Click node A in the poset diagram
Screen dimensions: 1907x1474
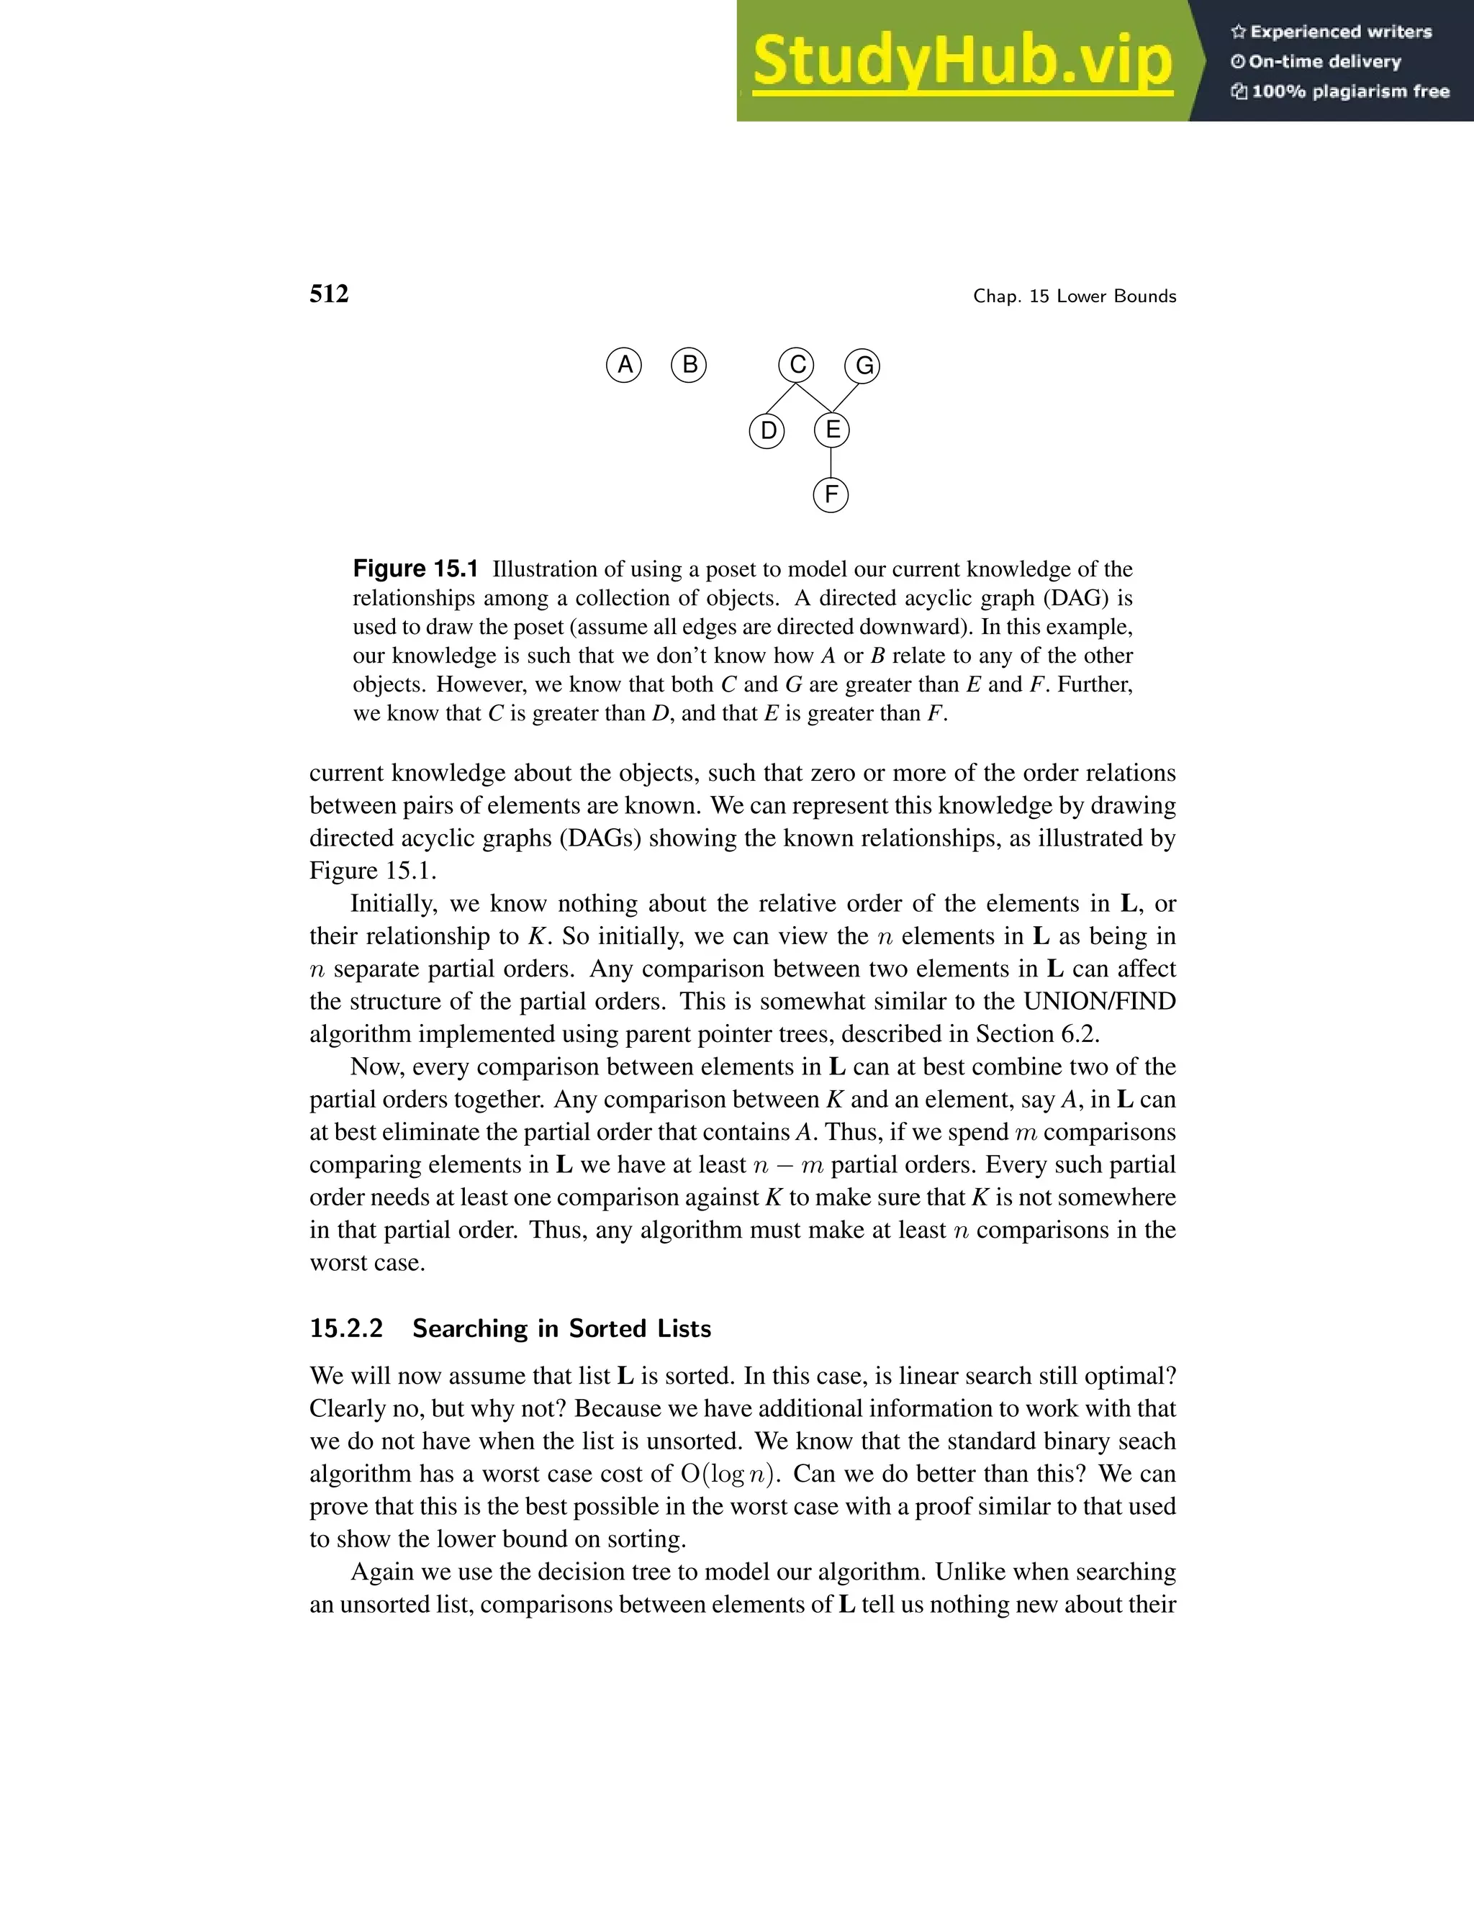coord(623,364)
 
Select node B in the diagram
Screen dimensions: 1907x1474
coord(689,364)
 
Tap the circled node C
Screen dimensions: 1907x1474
coord(797,364)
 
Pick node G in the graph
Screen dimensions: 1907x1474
coord(863,365)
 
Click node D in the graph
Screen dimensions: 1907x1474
coord(767,430)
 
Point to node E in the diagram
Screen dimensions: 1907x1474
coord(831,430)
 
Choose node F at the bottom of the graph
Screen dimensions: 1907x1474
coord(831,495)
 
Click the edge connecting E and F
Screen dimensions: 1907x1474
coord(831,463)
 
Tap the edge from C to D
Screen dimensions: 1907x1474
coord(781,397)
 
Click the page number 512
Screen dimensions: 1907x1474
coord(329,294)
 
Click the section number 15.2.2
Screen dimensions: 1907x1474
coord(347,1328)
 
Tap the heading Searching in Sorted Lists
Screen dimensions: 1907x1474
coord(561,1328)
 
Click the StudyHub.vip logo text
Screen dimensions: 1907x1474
coord(962,61)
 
